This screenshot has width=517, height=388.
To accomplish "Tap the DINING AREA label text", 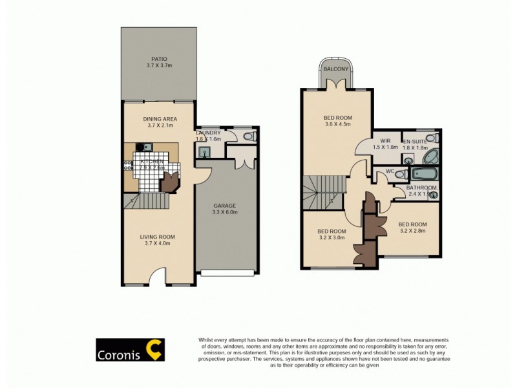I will click(160, 119).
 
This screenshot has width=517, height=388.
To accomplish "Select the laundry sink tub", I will click(204, 152).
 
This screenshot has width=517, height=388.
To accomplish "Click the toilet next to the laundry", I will click(248, 137).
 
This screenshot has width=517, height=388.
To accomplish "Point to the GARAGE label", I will click(226, 205).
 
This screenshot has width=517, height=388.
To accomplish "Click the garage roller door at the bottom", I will click(227, 273).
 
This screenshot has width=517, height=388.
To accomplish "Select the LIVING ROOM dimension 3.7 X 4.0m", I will click(158, 244).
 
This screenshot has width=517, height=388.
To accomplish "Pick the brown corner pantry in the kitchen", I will click(169, 184).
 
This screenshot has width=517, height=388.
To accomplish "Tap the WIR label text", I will click(386, 140).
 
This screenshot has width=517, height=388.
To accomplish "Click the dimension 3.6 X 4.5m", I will click(336, 125).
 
